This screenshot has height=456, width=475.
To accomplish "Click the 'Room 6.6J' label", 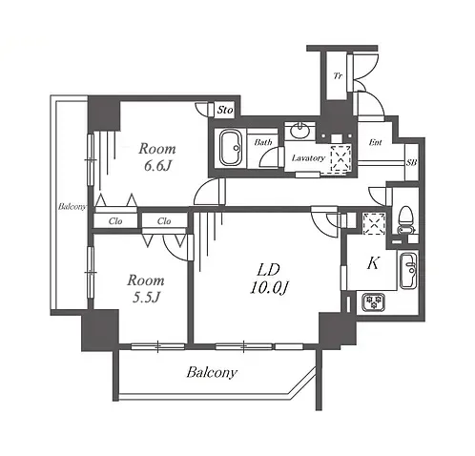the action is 157,156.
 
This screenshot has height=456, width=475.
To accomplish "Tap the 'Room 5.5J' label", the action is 146,288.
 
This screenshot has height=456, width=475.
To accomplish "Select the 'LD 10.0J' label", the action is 269,280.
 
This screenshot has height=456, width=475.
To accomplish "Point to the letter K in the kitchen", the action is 373,263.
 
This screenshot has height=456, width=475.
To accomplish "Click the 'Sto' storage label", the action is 225,110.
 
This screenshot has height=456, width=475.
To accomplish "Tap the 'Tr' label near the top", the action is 338,75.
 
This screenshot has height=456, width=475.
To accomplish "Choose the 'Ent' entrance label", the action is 375,142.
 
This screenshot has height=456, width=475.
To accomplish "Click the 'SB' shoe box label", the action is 411,162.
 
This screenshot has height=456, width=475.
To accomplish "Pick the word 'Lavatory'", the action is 308,158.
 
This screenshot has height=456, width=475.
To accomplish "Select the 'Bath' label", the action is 263,142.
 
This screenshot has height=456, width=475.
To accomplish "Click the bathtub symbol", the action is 231,148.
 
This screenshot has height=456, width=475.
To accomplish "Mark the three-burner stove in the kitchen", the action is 373,302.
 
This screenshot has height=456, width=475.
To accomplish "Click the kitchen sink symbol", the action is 408,270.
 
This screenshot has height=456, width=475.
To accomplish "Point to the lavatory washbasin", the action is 299,131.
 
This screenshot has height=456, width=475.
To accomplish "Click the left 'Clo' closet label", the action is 115,221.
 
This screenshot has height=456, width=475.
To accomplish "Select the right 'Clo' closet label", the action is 164,221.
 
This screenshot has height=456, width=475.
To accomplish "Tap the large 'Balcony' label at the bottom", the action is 212,372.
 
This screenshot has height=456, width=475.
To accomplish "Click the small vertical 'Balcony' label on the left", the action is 72,207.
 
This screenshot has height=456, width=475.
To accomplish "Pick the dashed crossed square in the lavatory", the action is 341,159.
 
